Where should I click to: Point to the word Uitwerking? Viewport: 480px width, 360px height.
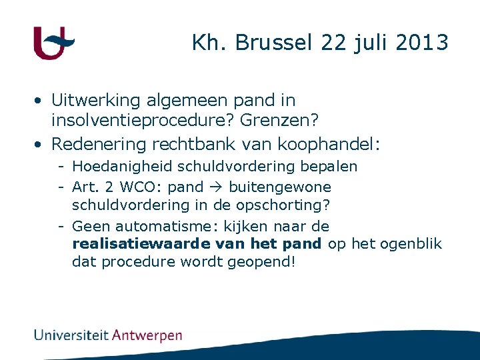point(96,101)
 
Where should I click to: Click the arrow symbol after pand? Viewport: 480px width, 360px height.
point(215,187)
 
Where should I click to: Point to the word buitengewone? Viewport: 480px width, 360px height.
point(280,187)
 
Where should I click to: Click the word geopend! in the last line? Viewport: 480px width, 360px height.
point(261,261)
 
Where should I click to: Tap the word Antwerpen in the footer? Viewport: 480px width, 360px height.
point(147,335)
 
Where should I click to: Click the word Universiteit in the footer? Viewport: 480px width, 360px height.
point(71,334)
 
